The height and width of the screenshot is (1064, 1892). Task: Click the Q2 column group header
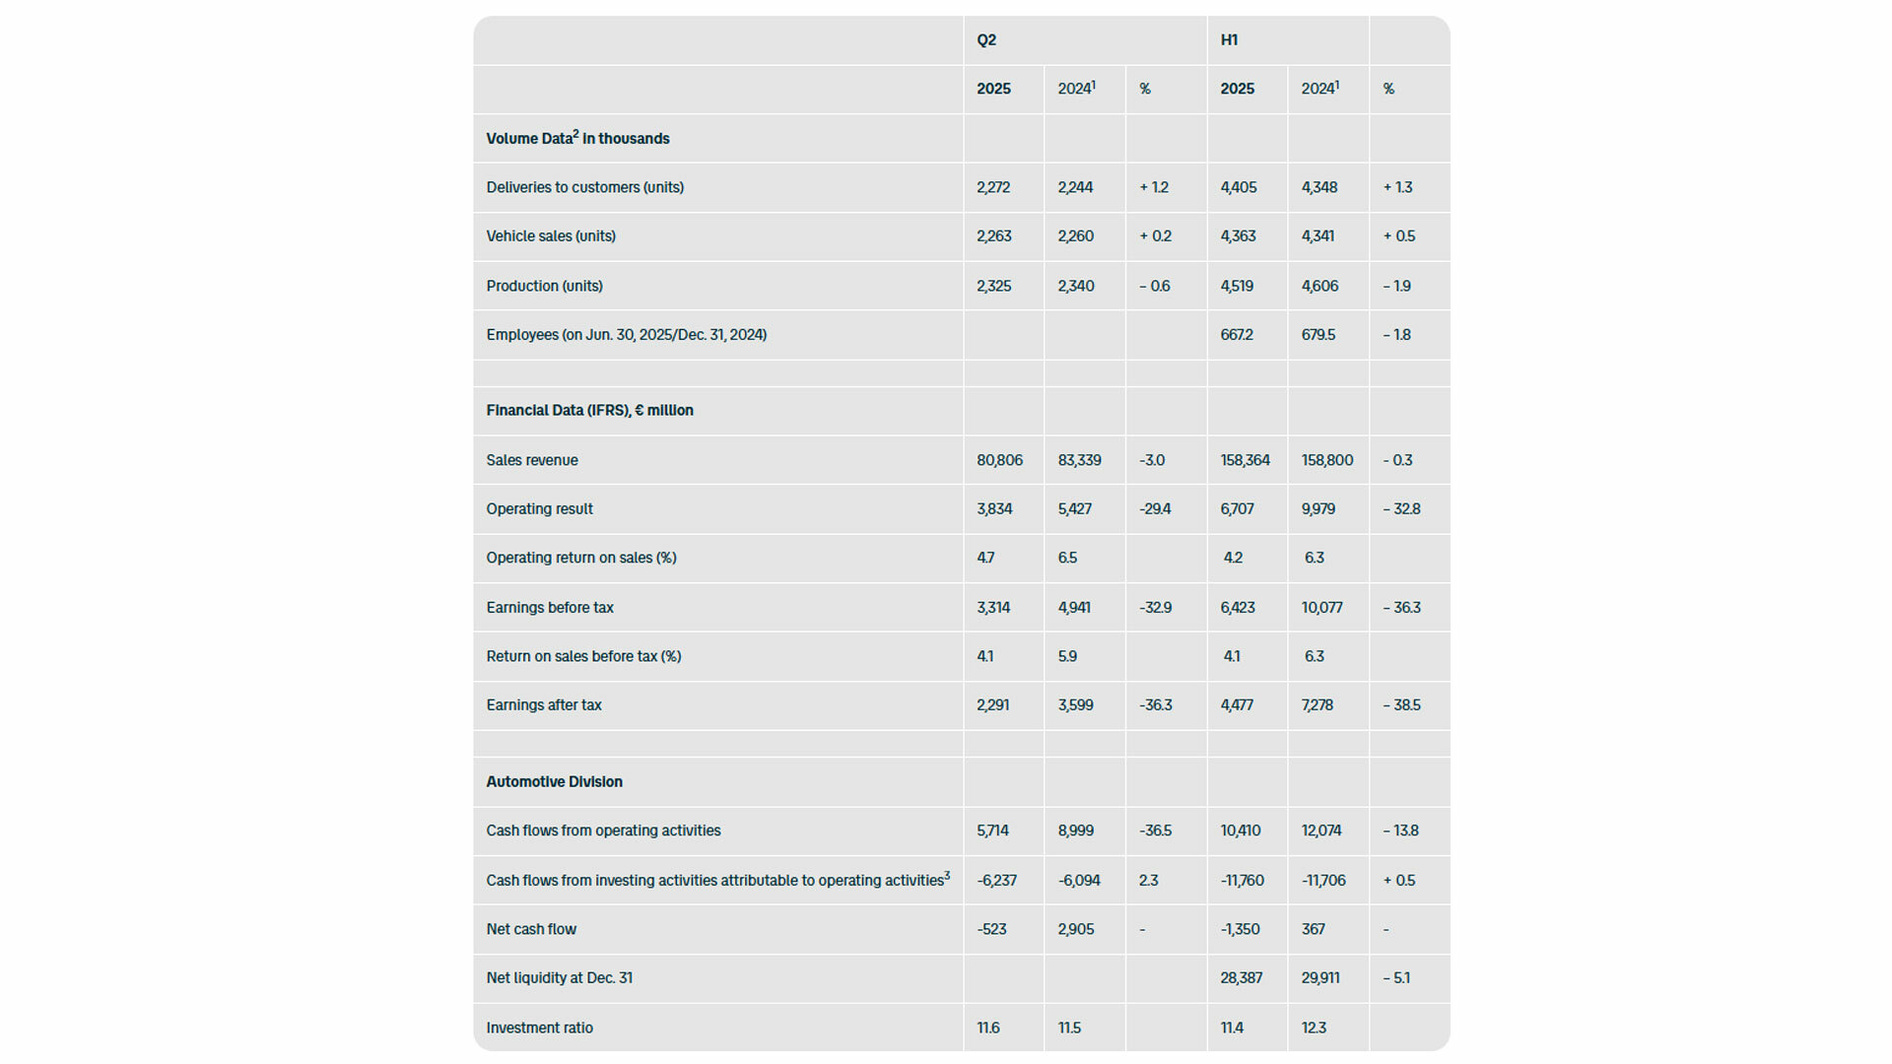click(986, 40)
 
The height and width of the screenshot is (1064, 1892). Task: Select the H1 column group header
click(1229, 40)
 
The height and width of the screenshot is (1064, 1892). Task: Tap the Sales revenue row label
click(532, 460)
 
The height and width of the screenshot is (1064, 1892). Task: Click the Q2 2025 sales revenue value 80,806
click(999, 460)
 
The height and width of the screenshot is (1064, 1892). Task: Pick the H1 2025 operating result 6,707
click(1237, 509)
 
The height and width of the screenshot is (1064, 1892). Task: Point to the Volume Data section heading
click(577, 139)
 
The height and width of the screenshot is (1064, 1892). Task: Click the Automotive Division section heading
click(554, 782)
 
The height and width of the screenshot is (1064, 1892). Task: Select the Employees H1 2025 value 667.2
click(1237, 335)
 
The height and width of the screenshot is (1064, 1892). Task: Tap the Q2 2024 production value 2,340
click(1075, 287)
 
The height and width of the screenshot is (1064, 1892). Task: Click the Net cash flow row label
click(531, 929)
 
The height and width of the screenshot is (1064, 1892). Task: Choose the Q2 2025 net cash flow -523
click(991, 929)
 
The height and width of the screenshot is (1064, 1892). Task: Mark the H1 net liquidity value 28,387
click(1241, 978)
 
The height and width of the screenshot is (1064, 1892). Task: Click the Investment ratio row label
click(539, 1029)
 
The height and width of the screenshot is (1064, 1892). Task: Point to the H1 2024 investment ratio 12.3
click(1314, 1029)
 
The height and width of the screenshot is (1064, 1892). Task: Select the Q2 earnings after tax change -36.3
click(1155, 705)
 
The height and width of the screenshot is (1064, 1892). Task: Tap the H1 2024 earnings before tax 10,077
click(1321, 608)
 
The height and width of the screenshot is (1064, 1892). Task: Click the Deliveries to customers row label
click(584, 187)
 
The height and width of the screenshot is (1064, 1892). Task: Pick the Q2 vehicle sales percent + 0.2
click(1155, 236)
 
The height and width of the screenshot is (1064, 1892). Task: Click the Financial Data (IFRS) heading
click(589, 411)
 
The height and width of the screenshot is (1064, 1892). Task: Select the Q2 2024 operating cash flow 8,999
click(1075, 831)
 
